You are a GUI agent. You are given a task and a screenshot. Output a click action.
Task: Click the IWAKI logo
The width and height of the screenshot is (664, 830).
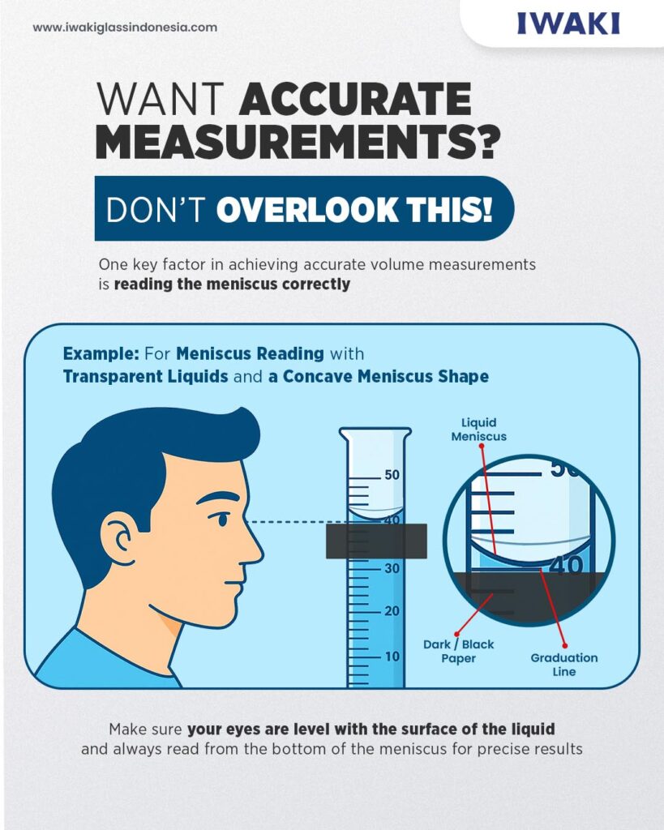tap(568, 24)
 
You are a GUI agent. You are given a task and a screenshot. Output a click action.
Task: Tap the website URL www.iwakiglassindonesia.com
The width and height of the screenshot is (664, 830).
tap(125, 27)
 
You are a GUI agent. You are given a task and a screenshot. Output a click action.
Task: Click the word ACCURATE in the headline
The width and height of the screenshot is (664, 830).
tap(355, 98)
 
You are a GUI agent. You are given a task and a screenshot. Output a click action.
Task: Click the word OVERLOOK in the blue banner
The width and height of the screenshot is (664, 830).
tap(306, 210)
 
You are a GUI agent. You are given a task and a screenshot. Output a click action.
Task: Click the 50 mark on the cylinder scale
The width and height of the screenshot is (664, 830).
tap(392, 475)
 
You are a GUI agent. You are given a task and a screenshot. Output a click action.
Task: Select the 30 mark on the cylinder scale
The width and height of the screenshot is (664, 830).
tap(392, 568)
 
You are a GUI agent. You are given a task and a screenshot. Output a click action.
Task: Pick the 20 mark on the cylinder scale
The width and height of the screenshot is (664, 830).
tap(392, 611)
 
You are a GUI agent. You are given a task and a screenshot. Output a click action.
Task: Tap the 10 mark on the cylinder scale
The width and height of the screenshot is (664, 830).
tap(392, 657)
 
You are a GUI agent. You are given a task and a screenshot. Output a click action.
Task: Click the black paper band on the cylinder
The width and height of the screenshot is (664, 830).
tap(376, 541)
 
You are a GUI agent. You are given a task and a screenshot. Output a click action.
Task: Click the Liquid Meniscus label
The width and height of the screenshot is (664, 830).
tap(478, 430)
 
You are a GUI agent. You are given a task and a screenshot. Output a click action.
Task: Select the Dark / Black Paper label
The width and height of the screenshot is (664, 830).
tap(459, 651)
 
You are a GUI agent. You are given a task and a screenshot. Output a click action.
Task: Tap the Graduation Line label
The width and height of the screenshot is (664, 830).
tap(564, 665)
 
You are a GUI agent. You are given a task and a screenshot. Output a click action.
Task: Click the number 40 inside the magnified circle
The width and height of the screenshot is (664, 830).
tap(567, 565)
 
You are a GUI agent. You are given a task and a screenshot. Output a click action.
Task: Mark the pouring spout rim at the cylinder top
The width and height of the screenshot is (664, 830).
tap(375, 433)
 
